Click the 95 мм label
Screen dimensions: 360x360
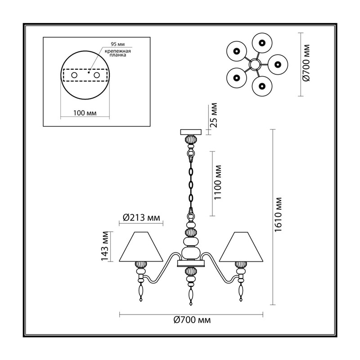pos(118,44)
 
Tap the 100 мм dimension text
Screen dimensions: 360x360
pos(85,113)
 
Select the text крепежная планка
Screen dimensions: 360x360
pos(118,53)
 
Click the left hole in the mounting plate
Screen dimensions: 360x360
pos(74,75)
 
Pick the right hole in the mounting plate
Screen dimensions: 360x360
pos(97,75)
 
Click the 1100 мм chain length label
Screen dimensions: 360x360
pos(217,183)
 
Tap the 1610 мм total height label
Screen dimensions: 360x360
pos(278,215)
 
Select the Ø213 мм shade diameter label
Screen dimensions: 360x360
pos(141,217)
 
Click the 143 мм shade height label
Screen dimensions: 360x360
pos(105,246)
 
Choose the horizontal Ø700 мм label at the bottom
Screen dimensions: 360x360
pos(192,320)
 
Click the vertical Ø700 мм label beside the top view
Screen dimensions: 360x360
pos(306,63)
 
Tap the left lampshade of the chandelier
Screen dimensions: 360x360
pos(141,247)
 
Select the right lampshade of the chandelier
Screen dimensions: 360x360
pos(241,247)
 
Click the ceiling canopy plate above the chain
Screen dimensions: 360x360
pos(191,132)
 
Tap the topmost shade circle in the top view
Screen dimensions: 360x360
pos(262,43)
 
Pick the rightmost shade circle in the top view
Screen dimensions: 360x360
pos(278,64)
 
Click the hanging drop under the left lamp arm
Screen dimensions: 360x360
pos(140,292)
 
